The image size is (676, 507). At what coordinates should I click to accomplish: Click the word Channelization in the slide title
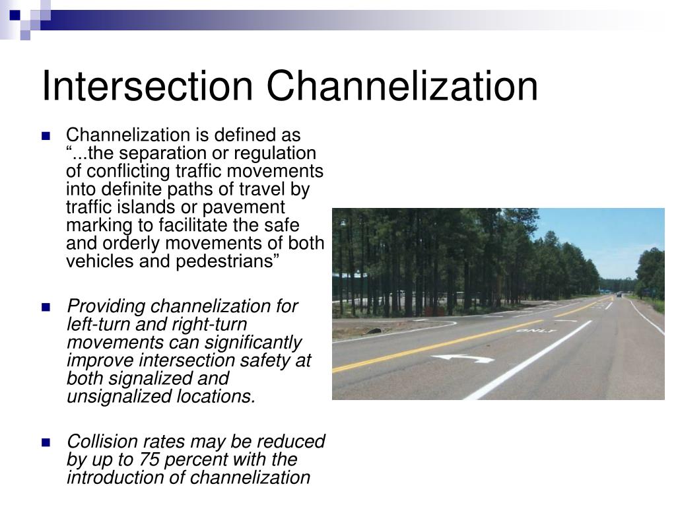[402, 86]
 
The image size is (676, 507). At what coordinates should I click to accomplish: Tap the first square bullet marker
[46, 137]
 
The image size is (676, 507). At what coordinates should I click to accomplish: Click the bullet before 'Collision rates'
[46, 442]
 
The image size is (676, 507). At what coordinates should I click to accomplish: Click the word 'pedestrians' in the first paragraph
[233, 261]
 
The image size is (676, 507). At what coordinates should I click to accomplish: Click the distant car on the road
[619, 294]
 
